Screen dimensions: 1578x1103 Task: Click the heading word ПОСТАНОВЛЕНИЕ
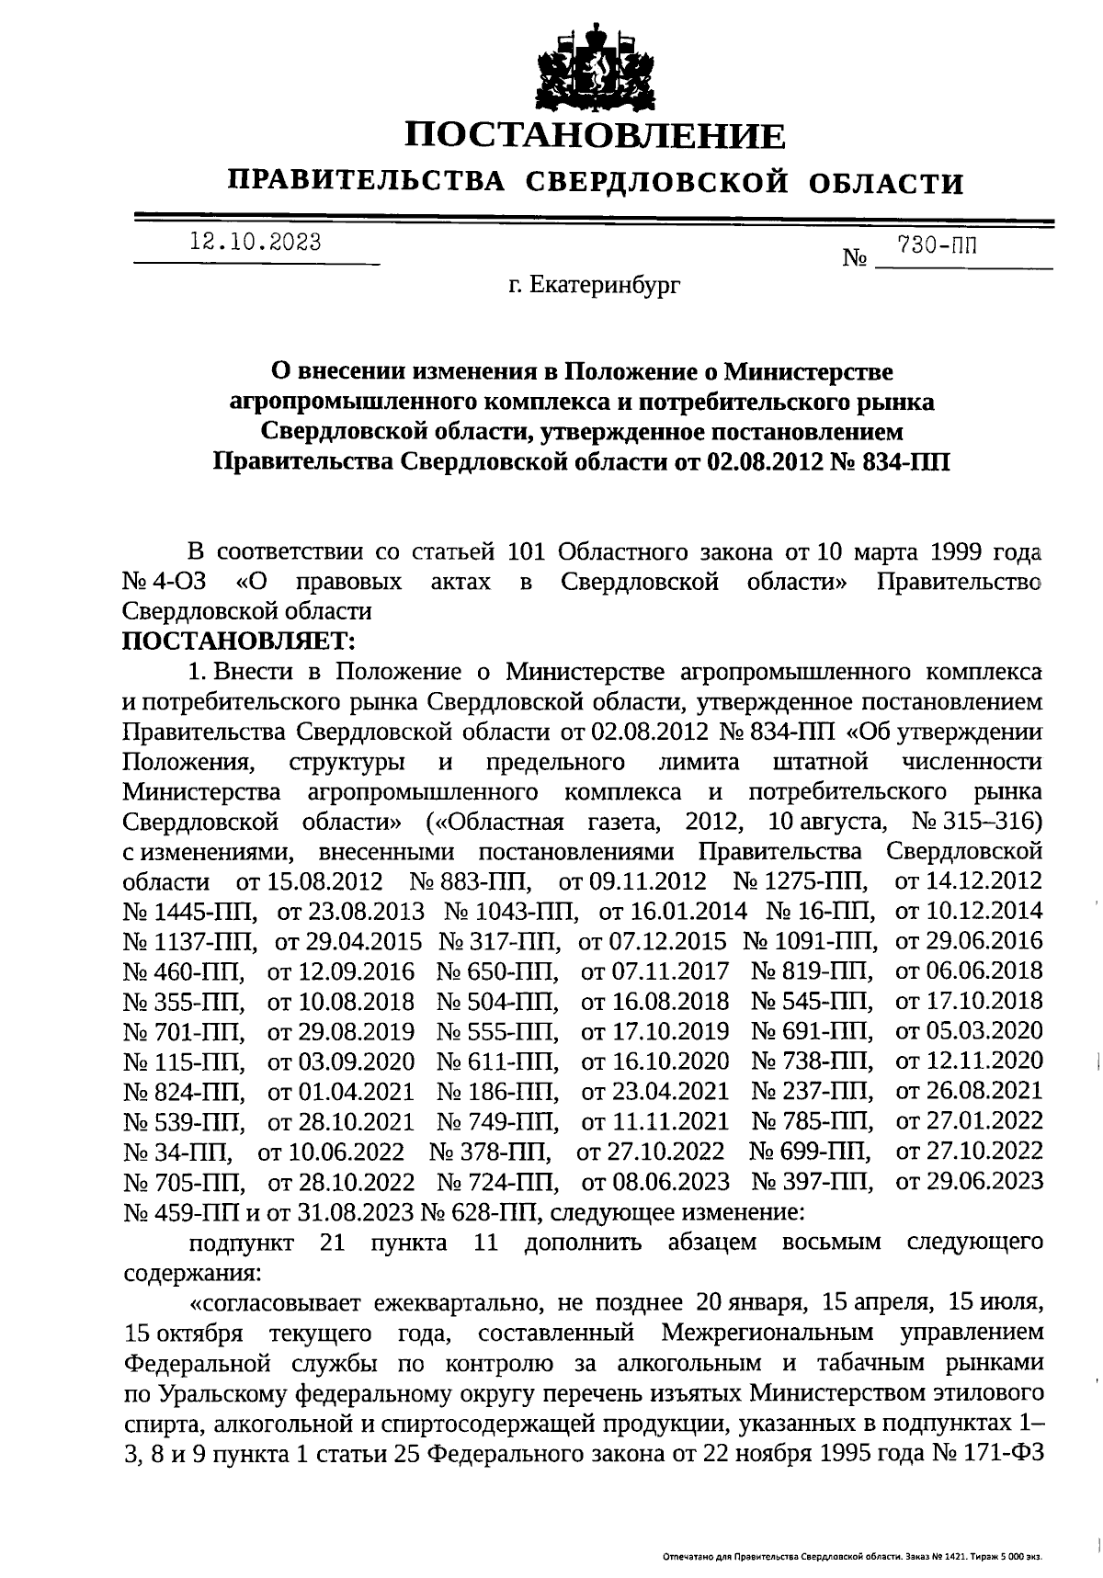click(x=596, y=136)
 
